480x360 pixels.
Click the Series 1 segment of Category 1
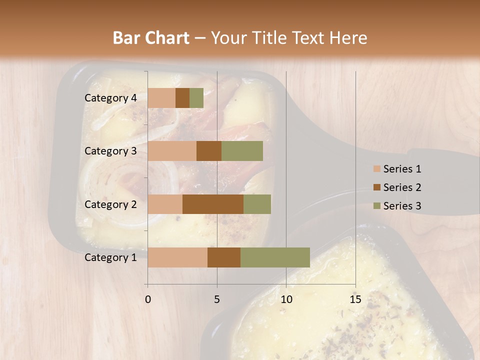177,257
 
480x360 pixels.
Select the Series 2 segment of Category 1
224,257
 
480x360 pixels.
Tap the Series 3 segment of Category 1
275,257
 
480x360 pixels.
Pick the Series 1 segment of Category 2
165,204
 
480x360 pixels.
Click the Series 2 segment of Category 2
213,204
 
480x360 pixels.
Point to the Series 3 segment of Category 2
257,204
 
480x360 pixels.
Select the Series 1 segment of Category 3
172,151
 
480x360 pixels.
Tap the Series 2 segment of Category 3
209,151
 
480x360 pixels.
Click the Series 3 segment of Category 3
242,151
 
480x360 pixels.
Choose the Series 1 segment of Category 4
161,98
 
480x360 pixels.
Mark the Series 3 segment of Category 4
196,98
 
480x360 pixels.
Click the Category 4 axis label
110,98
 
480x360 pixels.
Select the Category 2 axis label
110,204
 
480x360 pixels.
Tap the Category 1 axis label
110,257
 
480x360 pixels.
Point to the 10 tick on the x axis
286,299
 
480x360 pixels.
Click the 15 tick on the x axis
355,299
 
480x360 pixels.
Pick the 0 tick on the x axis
147,299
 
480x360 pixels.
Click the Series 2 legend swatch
376,187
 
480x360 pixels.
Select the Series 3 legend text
402,206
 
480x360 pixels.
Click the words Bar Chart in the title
151,38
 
